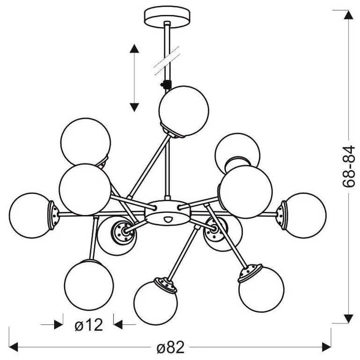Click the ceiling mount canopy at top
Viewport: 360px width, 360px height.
(x=167, y=17)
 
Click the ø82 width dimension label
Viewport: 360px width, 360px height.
(x=170, y=347)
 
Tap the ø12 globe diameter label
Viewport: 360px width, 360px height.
(x=89, y=324)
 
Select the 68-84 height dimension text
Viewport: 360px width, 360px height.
(x=348, y=166)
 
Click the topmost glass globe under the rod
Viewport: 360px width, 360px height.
(x=184, y=111)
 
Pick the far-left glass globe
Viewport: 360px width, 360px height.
(x=30, y=215)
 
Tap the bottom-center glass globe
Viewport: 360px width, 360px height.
(x=155, y=302)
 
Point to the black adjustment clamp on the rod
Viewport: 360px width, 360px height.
(x=166, y=84)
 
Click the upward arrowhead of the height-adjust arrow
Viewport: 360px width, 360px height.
(x=134, y=49)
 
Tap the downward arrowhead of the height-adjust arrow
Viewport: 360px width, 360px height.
(x=134, y=107)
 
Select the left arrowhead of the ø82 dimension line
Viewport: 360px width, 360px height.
(x=14, y=347)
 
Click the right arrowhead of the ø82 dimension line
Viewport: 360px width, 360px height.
(x=326, y=347)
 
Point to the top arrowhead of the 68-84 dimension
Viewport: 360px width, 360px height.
(x=348, y=14)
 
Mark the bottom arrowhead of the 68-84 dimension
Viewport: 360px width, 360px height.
(x=348, y=318)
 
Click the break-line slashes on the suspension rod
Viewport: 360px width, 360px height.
(x=167, y=60)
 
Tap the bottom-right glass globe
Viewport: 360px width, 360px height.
(x=261, y=289)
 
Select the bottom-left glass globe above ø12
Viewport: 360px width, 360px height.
(x=89, y=285)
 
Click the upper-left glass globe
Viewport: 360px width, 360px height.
(x=86, y=142)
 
